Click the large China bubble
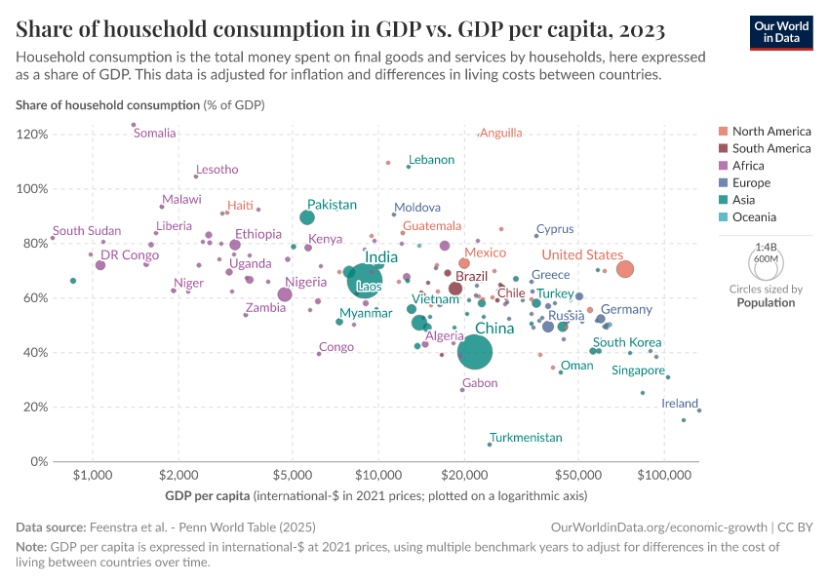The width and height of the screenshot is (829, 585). [475, 352]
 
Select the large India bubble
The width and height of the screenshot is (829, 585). [364, 280]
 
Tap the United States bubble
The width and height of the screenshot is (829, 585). [625, 269]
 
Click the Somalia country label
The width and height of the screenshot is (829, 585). [154, 134]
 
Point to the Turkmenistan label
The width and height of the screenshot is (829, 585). [526, 438]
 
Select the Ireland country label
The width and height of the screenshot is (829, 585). [679, 403]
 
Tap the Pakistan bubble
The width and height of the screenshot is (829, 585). [307, 217]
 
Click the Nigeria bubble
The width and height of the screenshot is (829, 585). [285, 294]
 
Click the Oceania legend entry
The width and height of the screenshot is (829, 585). [753, 217]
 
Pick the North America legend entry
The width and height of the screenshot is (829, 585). [770, 132]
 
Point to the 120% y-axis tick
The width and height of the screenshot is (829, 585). [33, 135]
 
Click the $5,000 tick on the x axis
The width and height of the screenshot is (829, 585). [293, 475]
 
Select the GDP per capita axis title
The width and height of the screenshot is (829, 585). [207, 496]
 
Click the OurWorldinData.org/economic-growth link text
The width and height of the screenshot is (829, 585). [652, 526]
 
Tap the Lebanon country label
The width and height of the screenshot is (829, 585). [431, 159]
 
